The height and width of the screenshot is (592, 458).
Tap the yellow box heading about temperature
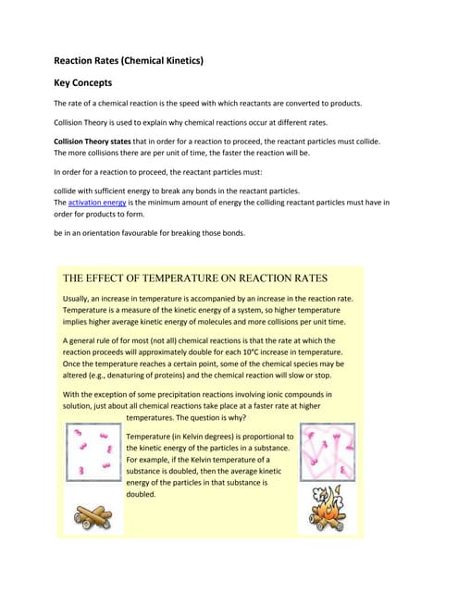coord(193,277)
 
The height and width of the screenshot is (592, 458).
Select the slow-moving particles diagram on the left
coord(93,453)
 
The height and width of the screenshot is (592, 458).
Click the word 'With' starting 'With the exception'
coord(72,394)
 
